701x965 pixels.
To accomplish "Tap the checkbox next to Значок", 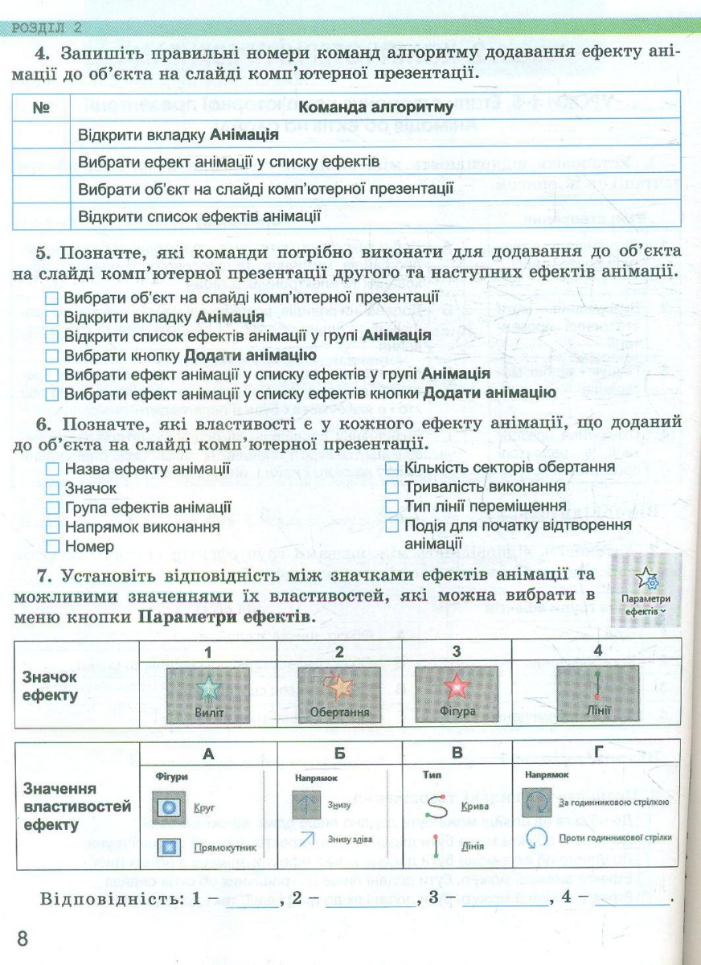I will (x=53, y=488).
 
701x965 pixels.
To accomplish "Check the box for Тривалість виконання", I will (x=392, y=487).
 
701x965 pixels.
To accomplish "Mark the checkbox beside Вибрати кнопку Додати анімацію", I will (x=52, y=355).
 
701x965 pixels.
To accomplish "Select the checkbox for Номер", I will (x=53, y=547).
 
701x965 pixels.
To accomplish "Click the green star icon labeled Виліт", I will (x=208, y=688).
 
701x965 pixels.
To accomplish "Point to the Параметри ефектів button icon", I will (x=645, y=578).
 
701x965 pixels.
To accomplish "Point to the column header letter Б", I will (x=338, y=755).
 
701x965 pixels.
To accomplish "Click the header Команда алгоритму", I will (x=376, y=107).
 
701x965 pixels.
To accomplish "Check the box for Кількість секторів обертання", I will (x=392, y=467).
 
